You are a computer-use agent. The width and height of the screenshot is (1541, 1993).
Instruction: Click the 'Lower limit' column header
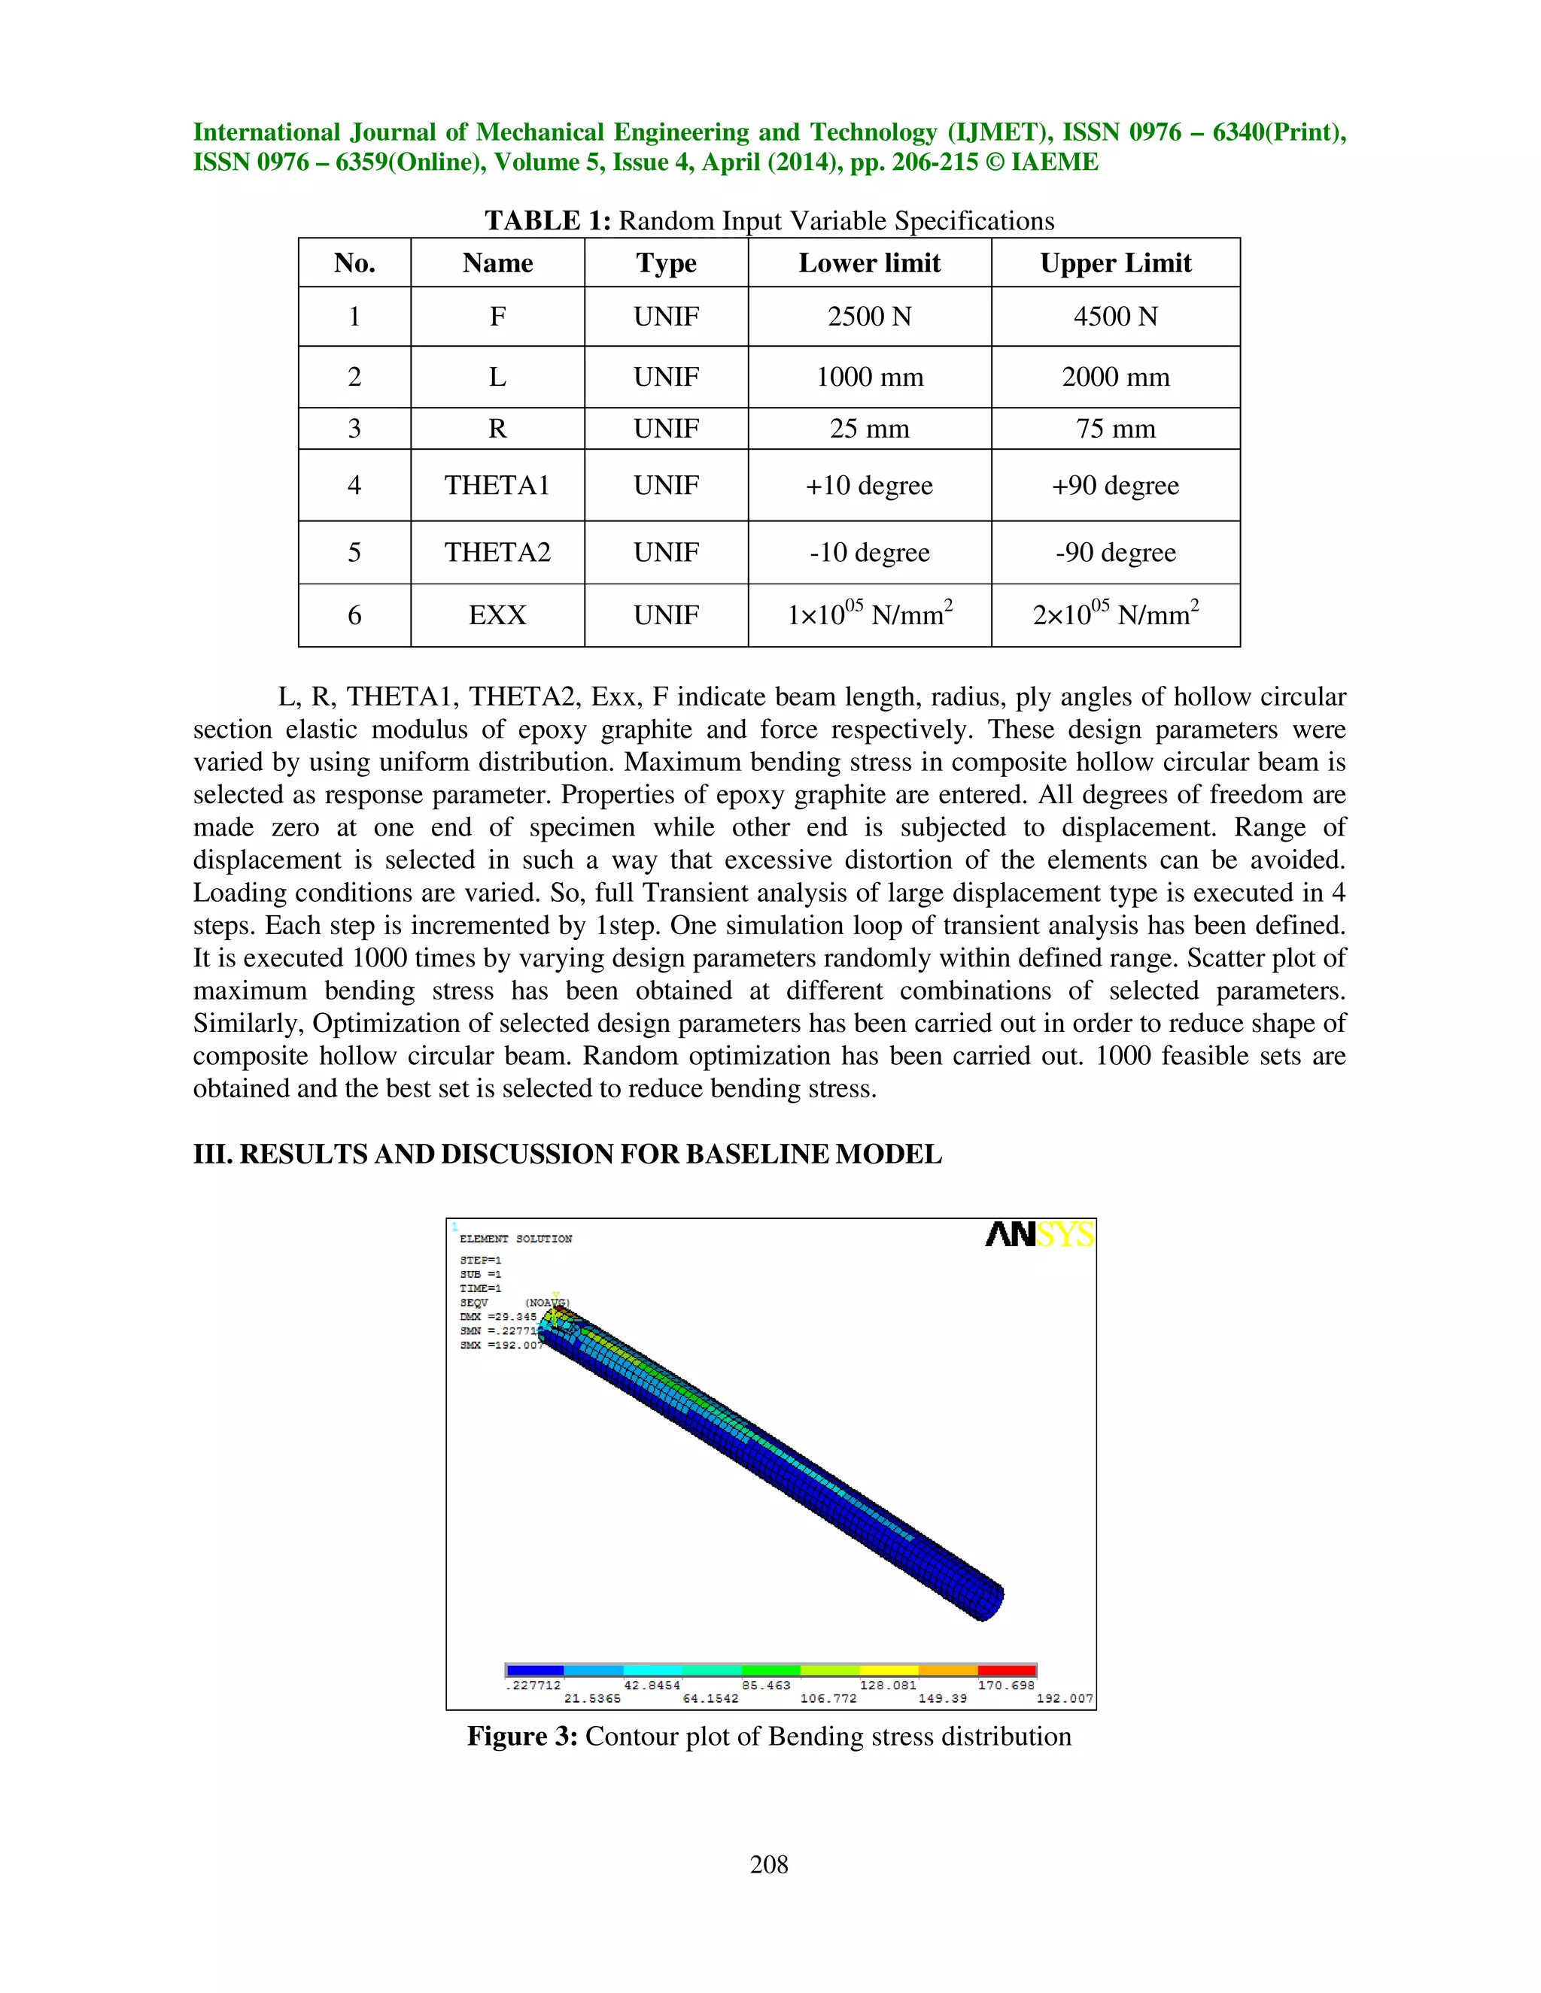coord(868,262)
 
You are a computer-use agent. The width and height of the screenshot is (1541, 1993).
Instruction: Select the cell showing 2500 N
coord(868,317)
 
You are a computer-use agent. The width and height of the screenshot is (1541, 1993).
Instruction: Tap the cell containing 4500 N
coord(1114,317)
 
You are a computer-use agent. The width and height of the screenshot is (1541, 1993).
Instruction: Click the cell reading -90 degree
coord(1114,552)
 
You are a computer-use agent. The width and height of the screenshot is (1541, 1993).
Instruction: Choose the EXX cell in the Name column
coord(497,615)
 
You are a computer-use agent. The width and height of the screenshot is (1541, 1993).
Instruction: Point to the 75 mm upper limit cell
coord(1114,428)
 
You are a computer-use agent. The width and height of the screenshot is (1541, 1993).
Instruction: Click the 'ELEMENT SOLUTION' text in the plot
coord(515,1239)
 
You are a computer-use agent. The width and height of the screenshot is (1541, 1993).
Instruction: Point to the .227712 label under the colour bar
coord(533,1685)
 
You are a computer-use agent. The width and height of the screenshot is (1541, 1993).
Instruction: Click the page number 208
coord(769,1864)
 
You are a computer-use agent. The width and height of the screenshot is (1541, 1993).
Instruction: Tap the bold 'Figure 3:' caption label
coord(522,1736)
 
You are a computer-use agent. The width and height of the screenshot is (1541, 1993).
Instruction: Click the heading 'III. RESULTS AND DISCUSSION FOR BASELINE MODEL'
coord(567,1154)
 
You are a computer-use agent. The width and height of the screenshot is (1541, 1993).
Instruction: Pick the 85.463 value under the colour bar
coord(766,1685)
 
